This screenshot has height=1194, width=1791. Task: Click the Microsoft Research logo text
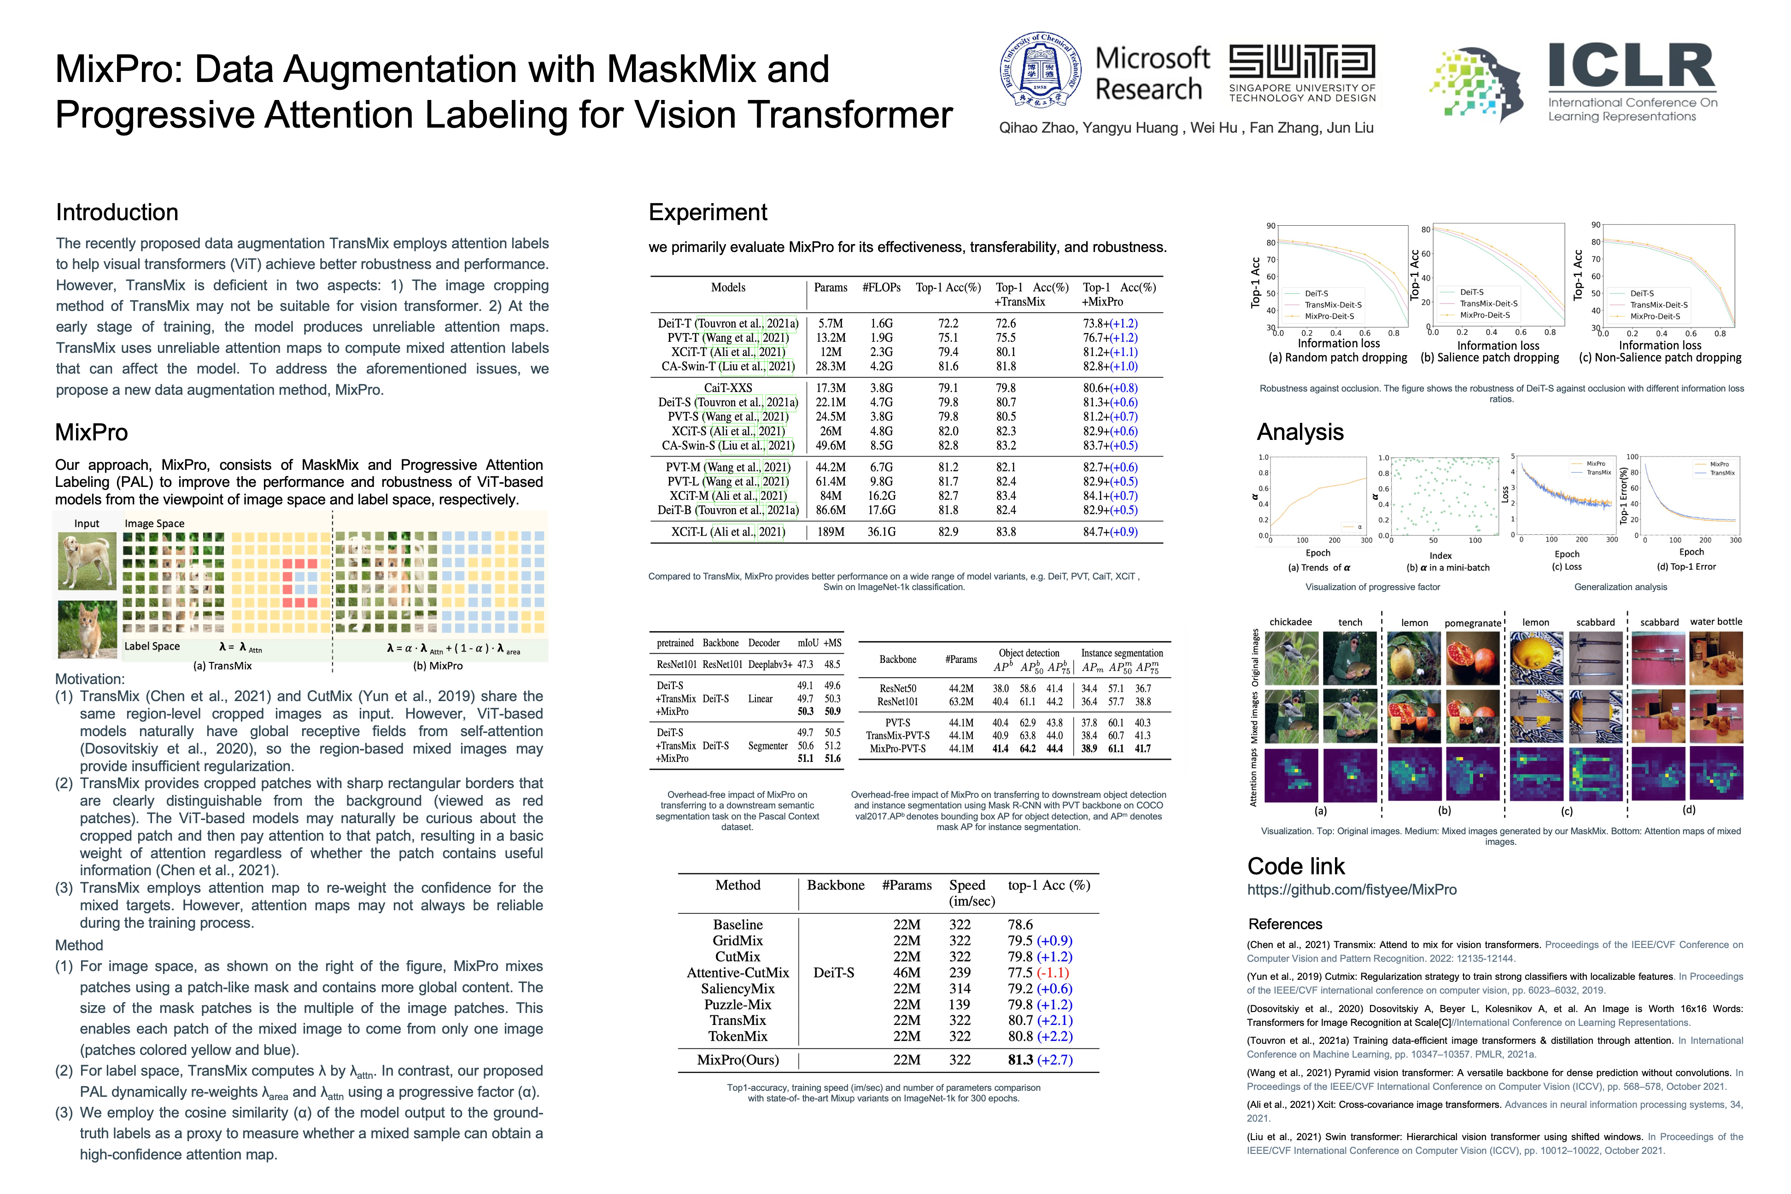[1151, 73]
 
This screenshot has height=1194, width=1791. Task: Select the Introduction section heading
[117, 212]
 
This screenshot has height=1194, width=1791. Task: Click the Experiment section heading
[708, 212]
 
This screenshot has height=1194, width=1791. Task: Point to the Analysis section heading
[1300, 432]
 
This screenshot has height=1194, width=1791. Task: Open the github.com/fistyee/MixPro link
[1352, 890]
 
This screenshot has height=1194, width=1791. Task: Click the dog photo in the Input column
[87, 561]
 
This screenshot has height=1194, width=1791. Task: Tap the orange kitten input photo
[87, 629]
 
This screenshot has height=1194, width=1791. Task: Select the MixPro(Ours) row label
[738, 1060]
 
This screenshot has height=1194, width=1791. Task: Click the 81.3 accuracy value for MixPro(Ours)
[1020, 1060]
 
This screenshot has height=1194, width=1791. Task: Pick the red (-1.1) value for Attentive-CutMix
[1053, 972]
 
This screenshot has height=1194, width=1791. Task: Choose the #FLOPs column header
[881, 288]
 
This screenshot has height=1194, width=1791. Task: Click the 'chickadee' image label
[1291, 622]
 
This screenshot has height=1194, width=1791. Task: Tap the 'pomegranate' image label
[1473, 623]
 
